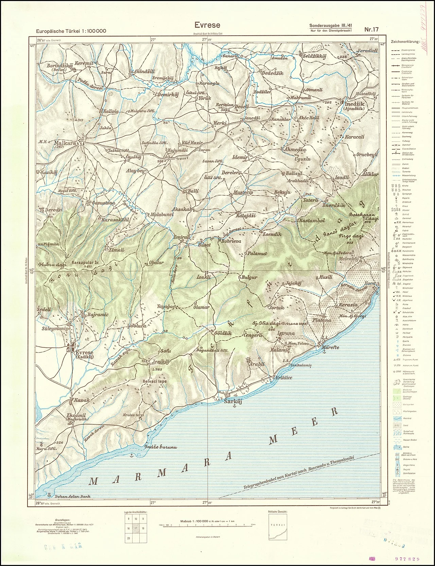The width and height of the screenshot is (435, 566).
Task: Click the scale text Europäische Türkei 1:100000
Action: tap(71, 31)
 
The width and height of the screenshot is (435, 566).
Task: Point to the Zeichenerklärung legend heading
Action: tap(405, 42)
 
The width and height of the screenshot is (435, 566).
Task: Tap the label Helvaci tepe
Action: tap(154, 381)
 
